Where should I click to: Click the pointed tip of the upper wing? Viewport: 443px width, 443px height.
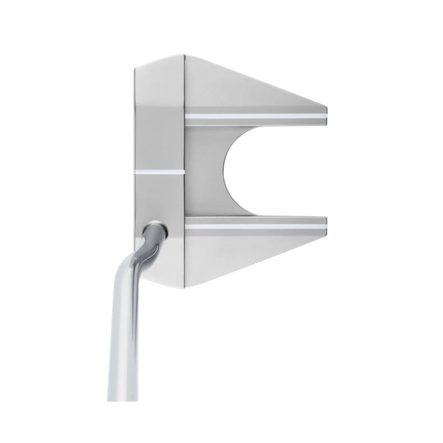click(x=326, y=108)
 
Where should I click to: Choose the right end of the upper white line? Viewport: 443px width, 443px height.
click(x=326, y=116)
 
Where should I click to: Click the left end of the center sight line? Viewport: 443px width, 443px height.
click(x=136, y=172)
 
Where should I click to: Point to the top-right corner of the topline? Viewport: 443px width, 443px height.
click(x=183, y=55)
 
